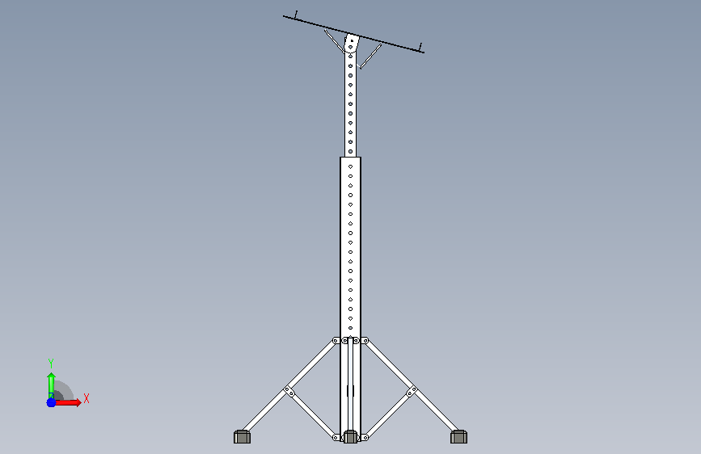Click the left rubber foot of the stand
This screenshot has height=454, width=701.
click(242, 436)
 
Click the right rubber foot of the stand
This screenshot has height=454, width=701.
click(458, 436)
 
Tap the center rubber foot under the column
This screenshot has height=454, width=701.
click(350, 436)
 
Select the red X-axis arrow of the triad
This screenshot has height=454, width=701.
click(68, 402)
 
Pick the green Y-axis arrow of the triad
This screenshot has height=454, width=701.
click(51, 385)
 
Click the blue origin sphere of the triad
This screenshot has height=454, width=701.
click(51, 402)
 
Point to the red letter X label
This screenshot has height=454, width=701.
click(87, 398)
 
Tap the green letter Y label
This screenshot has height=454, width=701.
click(51, 363)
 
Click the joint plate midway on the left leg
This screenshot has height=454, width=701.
click(289, 392)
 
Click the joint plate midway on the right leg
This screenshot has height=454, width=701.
click(412, 392)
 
